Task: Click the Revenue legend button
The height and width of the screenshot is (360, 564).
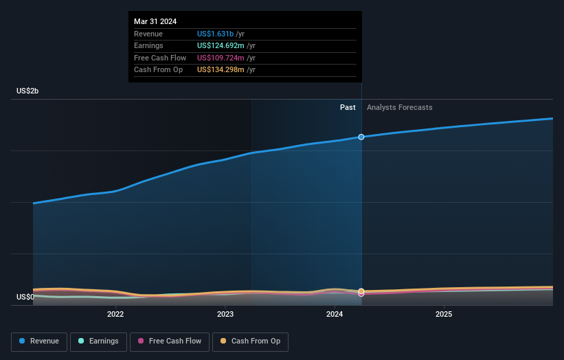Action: pos(39,341)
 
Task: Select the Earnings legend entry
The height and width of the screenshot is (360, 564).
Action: pos(98,341)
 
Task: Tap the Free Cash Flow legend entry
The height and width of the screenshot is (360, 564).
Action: pos(169,341)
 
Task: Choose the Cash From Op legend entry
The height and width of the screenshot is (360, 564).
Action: pos(250,341)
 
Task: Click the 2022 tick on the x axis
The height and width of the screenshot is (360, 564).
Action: pos(115,315)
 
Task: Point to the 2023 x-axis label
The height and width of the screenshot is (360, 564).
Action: pos(225,315)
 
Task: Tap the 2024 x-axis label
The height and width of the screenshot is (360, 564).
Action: pos(335,315)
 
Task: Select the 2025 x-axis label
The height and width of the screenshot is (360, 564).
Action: pos(444,315)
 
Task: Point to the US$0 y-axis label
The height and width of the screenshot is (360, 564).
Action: pos(25,297)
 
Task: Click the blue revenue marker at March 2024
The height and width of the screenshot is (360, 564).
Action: pos(361,137)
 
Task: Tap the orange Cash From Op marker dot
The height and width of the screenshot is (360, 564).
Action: pos(361,291)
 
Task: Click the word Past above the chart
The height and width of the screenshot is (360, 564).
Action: pos(348,107)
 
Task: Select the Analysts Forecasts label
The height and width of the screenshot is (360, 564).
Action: pos(399,107)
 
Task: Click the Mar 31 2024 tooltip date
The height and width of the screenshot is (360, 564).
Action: pos(155,21)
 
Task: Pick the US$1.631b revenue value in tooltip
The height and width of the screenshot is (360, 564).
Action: pos(215,34)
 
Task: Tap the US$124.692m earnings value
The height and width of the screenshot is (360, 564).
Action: pos(221,46)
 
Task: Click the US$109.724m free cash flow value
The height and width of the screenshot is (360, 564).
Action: pos(221,58)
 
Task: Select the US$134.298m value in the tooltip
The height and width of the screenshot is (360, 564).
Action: pos(221,70)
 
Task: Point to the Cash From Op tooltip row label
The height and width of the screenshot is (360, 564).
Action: pos(158,70)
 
